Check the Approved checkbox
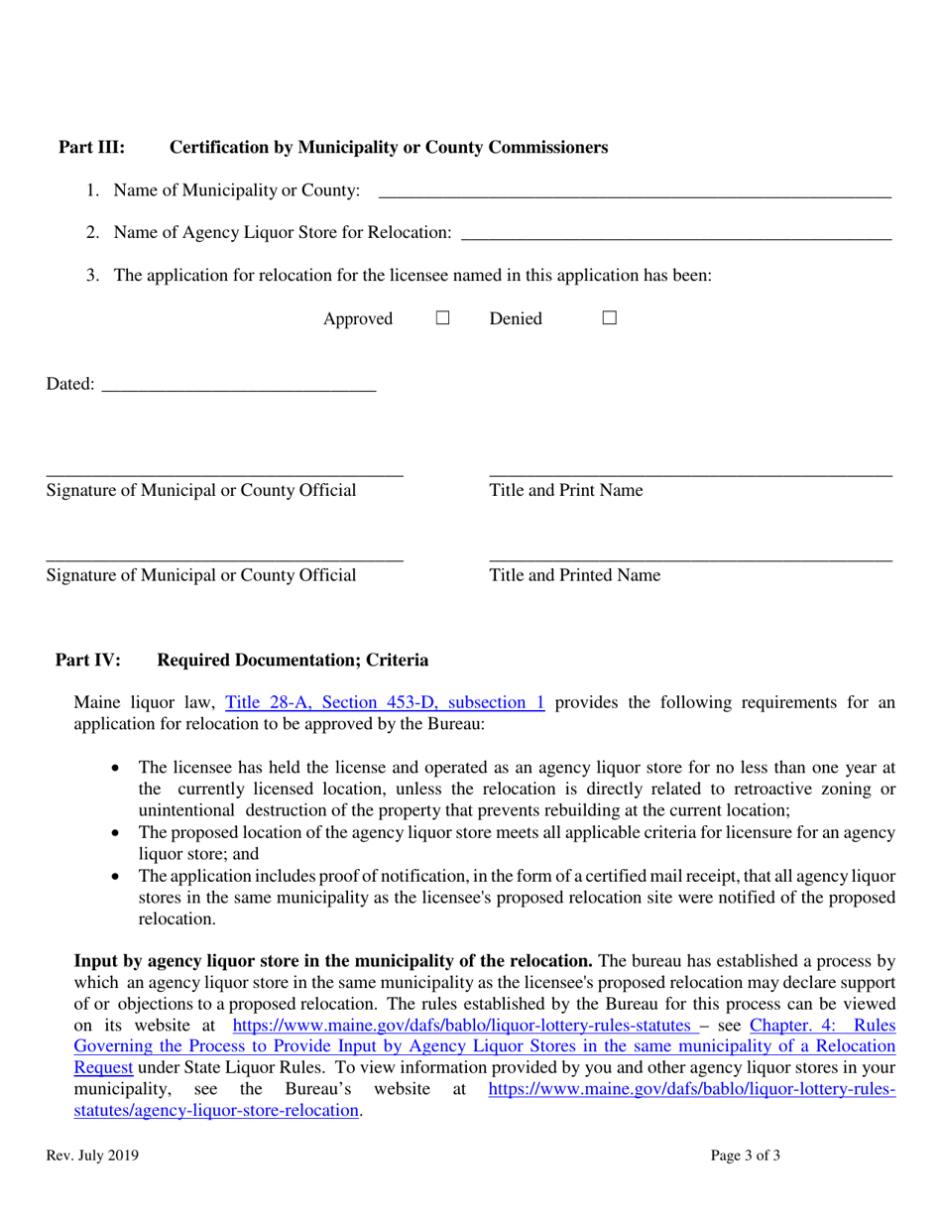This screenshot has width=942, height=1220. [443, 319]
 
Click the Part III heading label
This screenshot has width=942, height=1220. [92, 149]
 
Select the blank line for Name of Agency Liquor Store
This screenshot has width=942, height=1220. [676, 233]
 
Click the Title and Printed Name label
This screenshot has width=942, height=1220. [574, 574]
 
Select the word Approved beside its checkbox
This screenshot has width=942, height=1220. [358, 319]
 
